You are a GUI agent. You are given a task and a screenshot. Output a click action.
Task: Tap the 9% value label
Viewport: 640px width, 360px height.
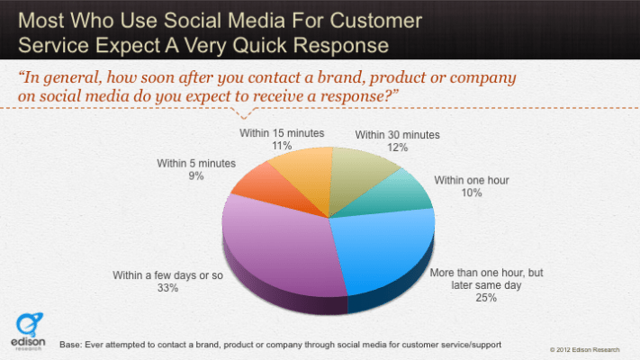coord(196,176)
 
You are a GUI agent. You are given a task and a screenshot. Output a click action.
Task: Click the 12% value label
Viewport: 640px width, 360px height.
coord(396,148)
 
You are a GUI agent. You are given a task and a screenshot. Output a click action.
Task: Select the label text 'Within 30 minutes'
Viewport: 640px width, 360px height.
coord(397,135)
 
